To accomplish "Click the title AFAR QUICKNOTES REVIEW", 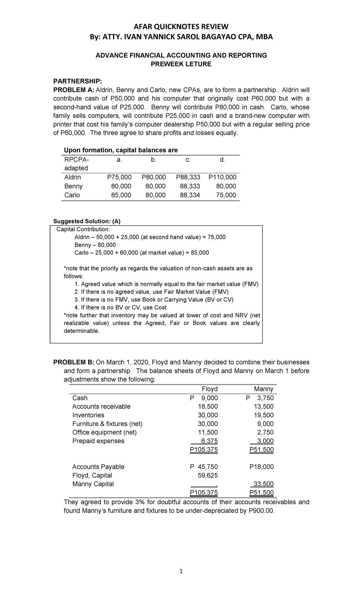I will pyautogui.click(x=181, y=27).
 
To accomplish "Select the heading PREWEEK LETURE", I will pyautogui.click(x=181, y=64).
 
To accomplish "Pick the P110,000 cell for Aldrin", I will pyautogui.click(x=222, y=177).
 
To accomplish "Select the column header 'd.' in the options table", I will pyautogui.click(x=222, y=160).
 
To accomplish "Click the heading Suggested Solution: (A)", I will pyautogui.click(x=87, y=221).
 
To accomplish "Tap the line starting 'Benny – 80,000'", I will pyautogui.click(x=95, y=245).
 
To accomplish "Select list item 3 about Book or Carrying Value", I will pyautogui.click(x=154, y=300).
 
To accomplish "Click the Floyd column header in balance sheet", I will pyautogui.click(x=209, y=389).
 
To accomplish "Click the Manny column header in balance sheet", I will pyautogui.click(x=263, y=389).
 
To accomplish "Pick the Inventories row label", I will pyautogui.click(x=88, y=415).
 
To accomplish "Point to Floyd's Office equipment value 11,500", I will pyautogui.click(x=208, y=432).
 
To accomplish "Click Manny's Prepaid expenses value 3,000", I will pyautogui.click(x=265, y=441).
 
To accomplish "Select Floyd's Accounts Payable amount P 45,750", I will pyautogui.click(x=204, y=467).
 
